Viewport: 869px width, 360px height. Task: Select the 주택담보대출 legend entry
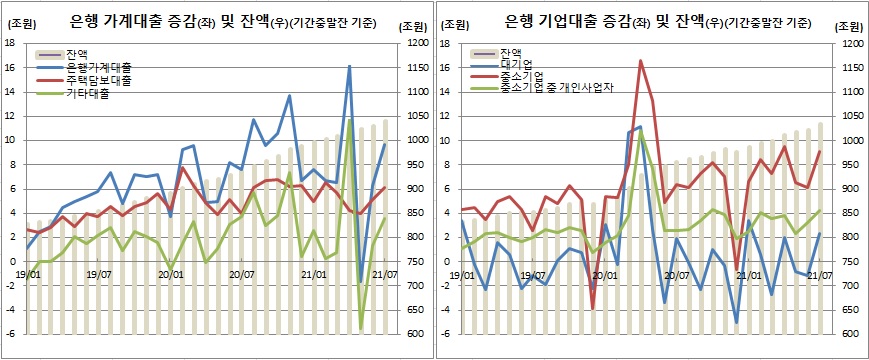click(x=100, y=78)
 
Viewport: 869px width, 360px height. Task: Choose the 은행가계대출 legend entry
click(x=100, y=66)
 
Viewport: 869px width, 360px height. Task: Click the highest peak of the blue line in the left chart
click(x=349, y=66)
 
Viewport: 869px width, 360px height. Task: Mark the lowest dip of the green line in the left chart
click(x=361, y=328)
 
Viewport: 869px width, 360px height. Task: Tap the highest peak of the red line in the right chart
click(x=640, y=61)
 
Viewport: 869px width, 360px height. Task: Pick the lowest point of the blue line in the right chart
click(x=737, y=323)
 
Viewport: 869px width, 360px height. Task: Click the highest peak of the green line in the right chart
click(x=640, y=130)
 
